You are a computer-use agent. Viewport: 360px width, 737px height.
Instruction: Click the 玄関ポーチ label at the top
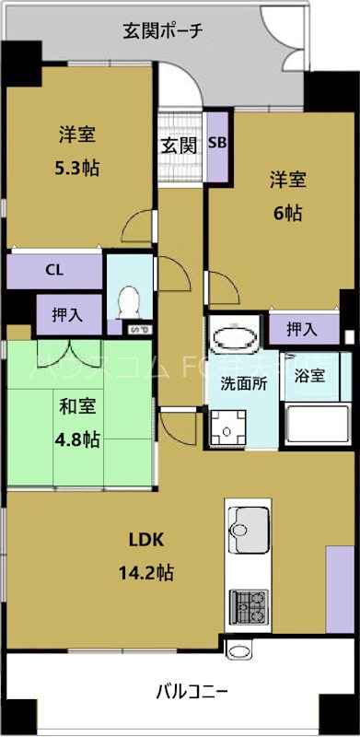(164, 30)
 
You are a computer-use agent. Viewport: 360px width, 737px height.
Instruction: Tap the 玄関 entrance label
(178, 145)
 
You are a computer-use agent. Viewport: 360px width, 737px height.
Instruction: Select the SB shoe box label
(217, 143)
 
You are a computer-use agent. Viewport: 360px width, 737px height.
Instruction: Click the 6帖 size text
(286, 212)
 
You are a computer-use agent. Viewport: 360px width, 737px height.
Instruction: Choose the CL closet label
(54, 271)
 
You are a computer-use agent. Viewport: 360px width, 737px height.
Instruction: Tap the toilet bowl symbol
(129, 300)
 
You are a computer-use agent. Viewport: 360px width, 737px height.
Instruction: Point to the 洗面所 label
(244, 382)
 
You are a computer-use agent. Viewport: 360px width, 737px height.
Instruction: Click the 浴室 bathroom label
(309, 375)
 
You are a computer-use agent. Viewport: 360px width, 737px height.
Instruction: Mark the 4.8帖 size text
(77, 439)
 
